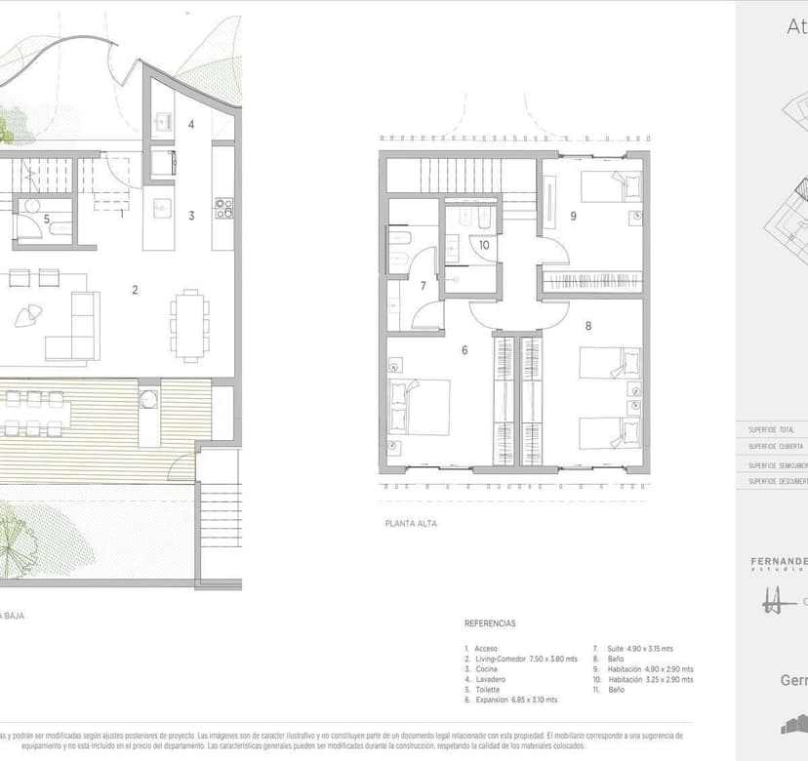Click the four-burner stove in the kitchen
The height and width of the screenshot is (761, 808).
point(223,207)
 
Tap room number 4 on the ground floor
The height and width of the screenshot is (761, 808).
point(191,124)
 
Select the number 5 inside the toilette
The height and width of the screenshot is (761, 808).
point(46,220)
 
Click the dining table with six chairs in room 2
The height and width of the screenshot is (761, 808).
point(189,321)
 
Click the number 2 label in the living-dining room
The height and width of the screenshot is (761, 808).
point(136,289)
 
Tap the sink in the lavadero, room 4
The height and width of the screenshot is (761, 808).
point(162,123)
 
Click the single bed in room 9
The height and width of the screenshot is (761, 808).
point(604,185)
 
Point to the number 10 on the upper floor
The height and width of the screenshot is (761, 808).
point(483,246)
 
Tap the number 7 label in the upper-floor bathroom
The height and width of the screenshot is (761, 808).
point(423,286)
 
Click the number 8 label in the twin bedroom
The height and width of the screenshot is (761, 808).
point(587,326)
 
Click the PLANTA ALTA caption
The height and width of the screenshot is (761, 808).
point(411,524)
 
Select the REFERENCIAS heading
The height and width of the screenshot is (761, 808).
point(490,622)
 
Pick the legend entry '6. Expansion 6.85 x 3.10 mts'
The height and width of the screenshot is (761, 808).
point(512,700)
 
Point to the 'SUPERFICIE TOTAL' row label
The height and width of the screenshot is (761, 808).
point(771,429)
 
